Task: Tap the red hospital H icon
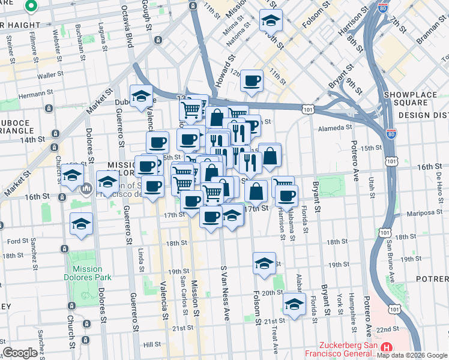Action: click(387, 347)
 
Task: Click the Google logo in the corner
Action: click(20, 353)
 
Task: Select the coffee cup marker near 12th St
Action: click(252, 80)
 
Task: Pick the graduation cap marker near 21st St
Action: click(294, 305)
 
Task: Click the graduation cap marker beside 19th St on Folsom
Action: click(264, 263)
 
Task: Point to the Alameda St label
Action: click(334, 127)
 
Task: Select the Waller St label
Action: click(50, 76)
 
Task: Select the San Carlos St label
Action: click(182, 286)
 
